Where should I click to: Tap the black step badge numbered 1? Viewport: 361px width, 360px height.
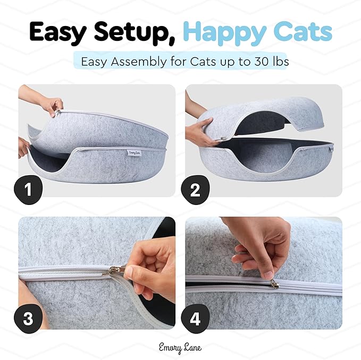pyautogui.click(x=28, y=190)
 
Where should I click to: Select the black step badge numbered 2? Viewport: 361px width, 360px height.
pyautogui.click(x=195, y=190)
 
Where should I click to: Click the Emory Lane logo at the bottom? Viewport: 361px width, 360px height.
pyautogui.click(x=180, y=348)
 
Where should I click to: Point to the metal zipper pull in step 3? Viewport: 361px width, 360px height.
pyautogui.click(x=118, y=271)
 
